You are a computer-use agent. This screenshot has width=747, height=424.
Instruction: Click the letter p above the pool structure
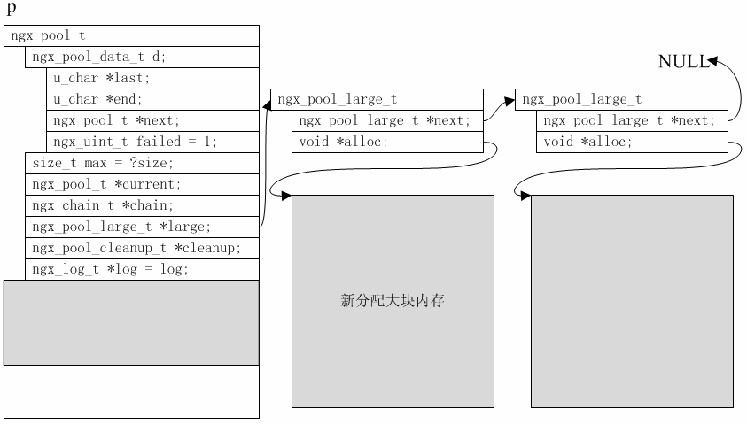click(x=11, y=10)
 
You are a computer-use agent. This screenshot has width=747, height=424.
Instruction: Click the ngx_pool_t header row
click(x=130, y=35)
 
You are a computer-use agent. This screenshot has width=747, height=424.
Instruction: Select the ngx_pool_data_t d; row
click(x=142, y=57)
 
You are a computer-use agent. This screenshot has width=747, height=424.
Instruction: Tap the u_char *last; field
click(x=152, y=78)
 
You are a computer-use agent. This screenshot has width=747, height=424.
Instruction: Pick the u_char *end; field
click(x=152, y=99)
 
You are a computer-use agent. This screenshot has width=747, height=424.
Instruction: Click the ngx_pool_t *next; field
click(x=152, y=120)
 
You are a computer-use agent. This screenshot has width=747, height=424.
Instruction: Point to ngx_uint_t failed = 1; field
click(x=152, y=142)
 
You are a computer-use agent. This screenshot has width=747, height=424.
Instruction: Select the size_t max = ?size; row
click(x=142, y=163)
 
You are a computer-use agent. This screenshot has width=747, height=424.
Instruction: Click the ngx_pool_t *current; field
click(x=142, y=184)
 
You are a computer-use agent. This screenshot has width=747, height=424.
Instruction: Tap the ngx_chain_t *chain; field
click(x=142, y=205)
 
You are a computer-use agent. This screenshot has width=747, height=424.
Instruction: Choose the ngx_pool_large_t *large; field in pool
click(x=142, y=227)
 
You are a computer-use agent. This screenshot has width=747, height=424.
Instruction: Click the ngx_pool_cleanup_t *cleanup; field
click(x=142, y=248)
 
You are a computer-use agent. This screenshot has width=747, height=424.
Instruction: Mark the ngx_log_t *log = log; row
click(x=142, y=269)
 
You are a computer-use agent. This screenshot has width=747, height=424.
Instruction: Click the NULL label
click(x=682, y=61)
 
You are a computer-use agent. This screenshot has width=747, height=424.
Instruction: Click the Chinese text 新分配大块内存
click(x=393, y=301)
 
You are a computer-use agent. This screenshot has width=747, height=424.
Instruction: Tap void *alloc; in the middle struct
click(x=387, y=142)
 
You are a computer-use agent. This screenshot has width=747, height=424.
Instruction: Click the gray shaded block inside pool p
click(x=131, y=322)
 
